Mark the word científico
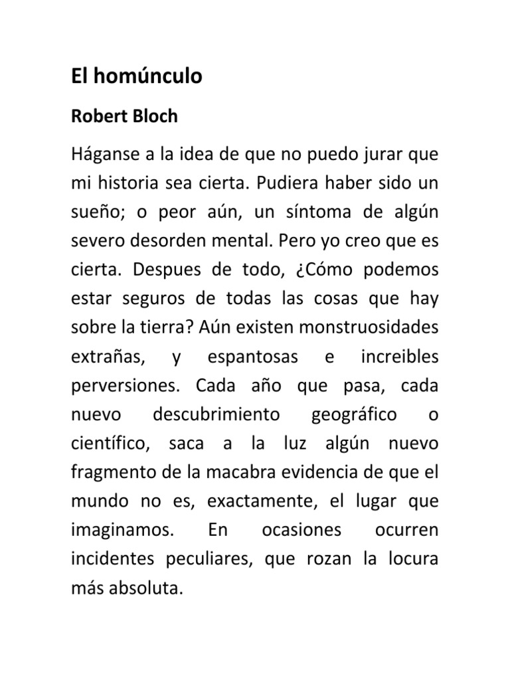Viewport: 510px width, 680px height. (112, 444)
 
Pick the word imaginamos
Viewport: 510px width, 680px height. (123, 531)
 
